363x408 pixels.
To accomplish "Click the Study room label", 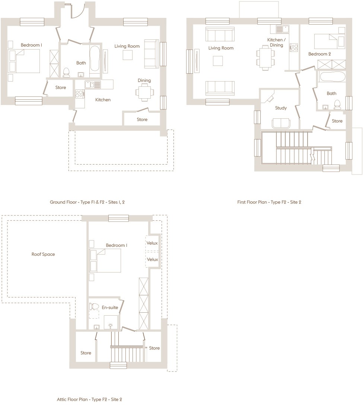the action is (281, 108).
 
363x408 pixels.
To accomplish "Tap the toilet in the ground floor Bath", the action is (66, 73).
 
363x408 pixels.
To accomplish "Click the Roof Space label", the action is (43, 254).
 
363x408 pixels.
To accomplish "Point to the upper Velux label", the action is (152, 243).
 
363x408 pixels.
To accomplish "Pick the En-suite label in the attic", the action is (110, 307).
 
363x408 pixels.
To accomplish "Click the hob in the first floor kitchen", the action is (294, 48).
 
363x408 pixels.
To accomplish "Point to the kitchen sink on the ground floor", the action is (93, 85).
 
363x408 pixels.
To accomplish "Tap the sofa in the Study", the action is (281, 124).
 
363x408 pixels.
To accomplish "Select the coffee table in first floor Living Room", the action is (218, 61).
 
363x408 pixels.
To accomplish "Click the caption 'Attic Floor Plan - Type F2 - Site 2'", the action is (89, 399).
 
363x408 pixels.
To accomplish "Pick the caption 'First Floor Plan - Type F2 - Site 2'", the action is (269, 202).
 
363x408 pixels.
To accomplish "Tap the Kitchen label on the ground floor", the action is (103, 100).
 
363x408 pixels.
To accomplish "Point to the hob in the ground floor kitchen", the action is (79, 94).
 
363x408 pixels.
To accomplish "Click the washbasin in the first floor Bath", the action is (325, 107).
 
